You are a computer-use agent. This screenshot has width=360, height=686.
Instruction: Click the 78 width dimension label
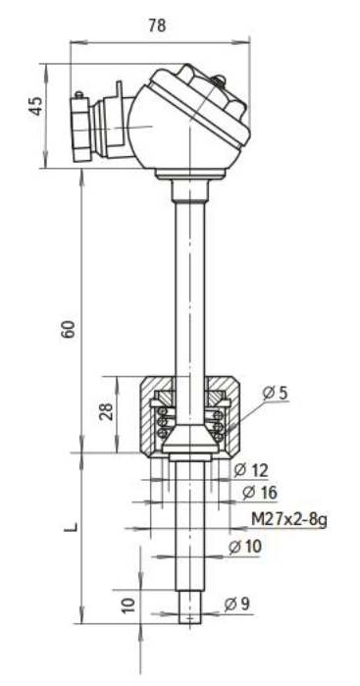pos(157,26)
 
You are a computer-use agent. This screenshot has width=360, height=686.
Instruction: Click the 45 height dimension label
pos(36,106)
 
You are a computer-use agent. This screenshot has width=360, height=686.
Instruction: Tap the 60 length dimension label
pos(69,330)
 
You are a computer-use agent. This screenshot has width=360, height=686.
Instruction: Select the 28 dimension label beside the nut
pos(106,411)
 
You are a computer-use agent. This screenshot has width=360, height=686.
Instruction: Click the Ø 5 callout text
pos(276,393)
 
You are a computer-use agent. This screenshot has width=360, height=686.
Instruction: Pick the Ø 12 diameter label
pos(251,470)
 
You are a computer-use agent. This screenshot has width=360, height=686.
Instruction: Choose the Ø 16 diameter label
pos(260,493)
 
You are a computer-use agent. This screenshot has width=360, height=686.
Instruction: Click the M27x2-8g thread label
pos(289,520)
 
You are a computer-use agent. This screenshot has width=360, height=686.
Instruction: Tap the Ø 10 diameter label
pos(245,547)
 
